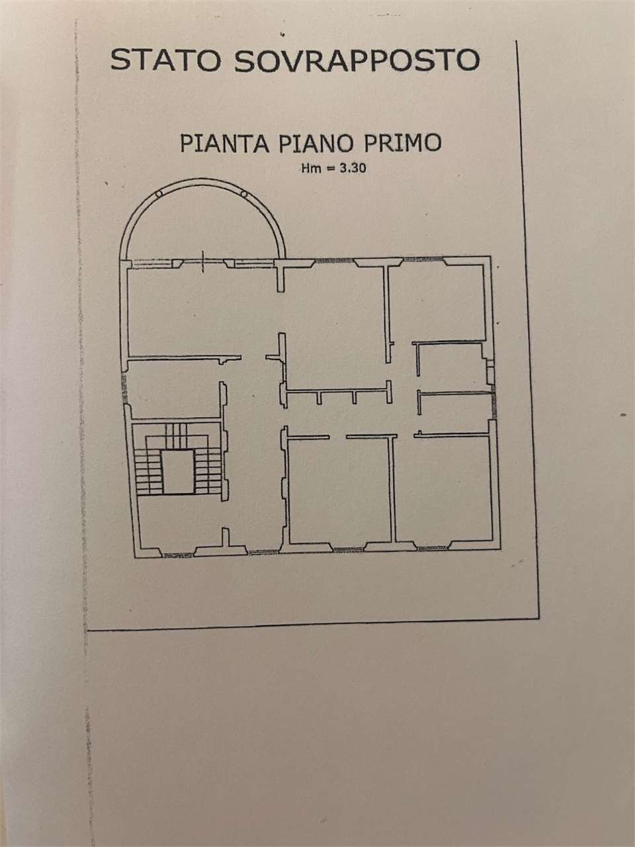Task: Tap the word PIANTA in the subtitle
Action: (x=224, y=143)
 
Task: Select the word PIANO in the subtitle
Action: (x=316, y=143)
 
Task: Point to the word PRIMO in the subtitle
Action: (x=403, y=142)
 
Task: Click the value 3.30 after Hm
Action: (x=353, y=168)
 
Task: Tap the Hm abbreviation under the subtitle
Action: (x=311, y=168)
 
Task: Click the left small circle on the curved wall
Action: (x=159, y=194)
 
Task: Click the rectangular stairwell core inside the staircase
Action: (x=178, y=472)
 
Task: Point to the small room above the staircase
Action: (x=174, y=390)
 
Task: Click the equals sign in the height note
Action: (x=330, y=169)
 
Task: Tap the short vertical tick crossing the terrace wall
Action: (x=203, y=261)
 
